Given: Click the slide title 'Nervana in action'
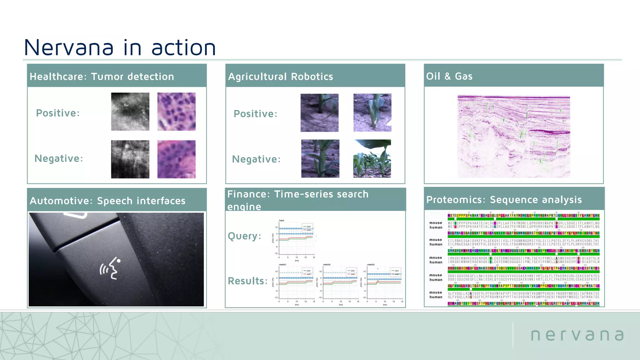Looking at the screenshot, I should point(120,47).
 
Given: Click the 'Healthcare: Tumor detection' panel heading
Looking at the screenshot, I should point(102,77).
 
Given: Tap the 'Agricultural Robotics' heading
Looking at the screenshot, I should point(280,77).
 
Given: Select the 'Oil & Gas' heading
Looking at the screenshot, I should point(449,76).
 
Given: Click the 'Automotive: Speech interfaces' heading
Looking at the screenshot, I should point(107,201).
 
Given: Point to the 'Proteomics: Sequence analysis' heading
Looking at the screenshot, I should point(504,199).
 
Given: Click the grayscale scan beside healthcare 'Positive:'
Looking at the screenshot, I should point(130,112).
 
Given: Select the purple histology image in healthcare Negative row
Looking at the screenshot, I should point(176,159).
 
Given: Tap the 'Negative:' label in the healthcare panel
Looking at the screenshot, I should point(59,158).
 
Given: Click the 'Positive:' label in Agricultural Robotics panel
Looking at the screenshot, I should point(255,114).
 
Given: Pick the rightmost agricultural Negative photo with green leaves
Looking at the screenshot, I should point(372,158).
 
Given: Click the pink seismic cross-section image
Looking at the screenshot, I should point(513,137).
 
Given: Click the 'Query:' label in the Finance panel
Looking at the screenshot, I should point(244,236).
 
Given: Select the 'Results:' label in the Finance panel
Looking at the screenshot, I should point(247,281).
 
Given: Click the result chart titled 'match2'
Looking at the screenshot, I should point(340,284).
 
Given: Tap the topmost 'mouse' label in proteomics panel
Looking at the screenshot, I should point(435,223).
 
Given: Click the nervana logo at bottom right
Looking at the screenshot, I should point(577,335).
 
